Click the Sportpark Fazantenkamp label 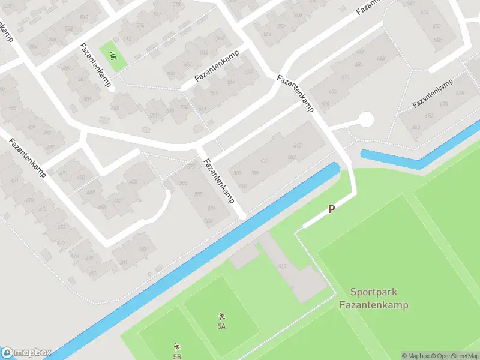pos(373,299)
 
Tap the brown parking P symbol pos(331,209)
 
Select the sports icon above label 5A pos(221,316)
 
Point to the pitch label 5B pos(177,356)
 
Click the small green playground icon pos(113,56)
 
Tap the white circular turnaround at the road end pos(365,120)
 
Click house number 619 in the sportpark pos(282,266)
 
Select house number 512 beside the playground pos(127,39)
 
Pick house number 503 pos(88,99)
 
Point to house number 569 pos(115,108)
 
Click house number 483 pos(143,248)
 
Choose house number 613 pos(296,146)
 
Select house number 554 pos(267,34)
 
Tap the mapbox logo pos(26,353)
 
